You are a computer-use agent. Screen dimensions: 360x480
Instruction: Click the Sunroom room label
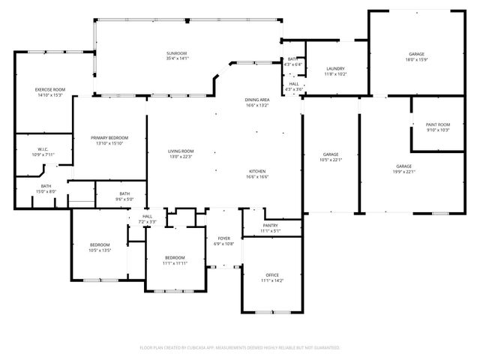click(177, 54)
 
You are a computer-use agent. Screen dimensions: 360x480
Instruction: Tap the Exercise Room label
click(50, 90)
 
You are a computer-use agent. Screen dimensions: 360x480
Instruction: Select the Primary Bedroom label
click(109, 138)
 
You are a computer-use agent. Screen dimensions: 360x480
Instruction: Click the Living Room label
click(181, 151)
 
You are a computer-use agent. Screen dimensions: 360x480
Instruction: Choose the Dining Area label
click(256, 100)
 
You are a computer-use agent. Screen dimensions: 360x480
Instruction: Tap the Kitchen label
click(258, 172)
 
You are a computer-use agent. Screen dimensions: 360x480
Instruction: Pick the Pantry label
click(271, 225)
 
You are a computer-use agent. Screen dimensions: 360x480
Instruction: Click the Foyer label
click(223, 239)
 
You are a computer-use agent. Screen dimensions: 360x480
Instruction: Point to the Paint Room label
click(437, 124)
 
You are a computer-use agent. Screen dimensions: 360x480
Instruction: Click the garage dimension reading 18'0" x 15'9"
click(417, 60)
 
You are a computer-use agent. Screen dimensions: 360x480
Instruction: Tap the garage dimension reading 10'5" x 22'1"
click(331, 159)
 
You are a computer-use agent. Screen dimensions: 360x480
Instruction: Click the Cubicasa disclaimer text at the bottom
click(240, 348)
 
